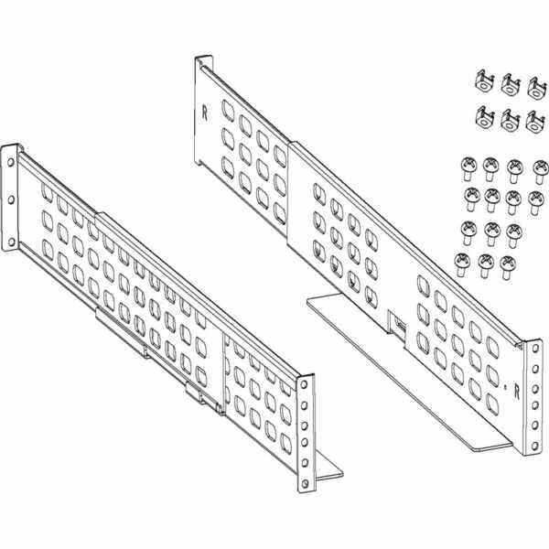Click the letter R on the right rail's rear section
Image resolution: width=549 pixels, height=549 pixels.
[x=204, y=113]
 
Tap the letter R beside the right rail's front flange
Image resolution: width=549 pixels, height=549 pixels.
[x=517, y=393]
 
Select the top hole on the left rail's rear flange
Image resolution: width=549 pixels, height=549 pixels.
[x=10, y=162]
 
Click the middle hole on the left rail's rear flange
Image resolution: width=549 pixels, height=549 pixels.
[x=11, y=199]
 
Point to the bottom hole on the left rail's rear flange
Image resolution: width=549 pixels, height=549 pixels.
[x=11, y=242]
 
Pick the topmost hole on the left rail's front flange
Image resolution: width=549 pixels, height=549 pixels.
[x=304, y=384]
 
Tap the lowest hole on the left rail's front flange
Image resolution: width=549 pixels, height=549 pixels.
[x=306, y=483]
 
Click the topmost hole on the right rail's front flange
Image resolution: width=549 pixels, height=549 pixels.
[x=535, y=349]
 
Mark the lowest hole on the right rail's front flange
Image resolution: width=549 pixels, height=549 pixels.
[x=534, y=447]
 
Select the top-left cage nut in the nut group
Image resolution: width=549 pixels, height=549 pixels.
[x=485, y=81]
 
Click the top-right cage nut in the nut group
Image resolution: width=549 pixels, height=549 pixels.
[x=537, y=88]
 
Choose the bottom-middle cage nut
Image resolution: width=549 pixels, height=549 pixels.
[x=511, y=121]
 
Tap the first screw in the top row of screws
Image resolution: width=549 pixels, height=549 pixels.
[x=468, y=168]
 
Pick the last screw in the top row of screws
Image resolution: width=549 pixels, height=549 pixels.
[x=541, y=172]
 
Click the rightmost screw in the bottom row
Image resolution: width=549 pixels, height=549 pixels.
[x=507, y=267]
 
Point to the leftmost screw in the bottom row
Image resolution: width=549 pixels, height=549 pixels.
[x=462, y=264]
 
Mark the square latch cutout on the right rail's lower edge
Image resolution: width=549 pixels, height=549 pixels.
[x=398, y=323]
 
